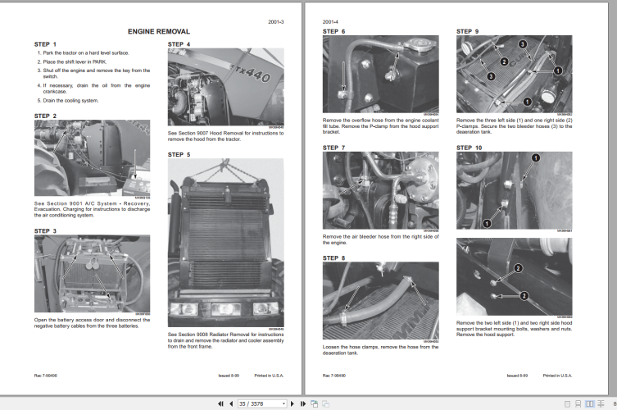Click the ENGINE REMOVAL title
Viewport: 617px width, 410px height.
point(159,30)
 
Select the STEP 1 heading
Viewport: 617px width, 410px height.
point(45,43)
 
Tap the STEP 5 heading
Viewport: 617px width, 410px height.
point(179,154)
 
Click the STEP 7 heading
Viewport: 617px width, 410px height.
point(333,148)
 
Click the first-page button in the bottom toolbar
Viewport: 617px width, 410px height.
point(220,403)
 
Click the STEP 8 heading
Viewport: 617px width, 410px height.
point(333,257)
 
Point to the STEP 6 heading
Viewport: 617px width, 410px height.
point(333,31)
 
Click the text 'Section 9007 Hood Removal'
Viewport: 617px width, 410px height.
point(216,133)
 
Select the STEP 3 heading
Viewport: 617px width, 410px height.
point(45,231)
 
